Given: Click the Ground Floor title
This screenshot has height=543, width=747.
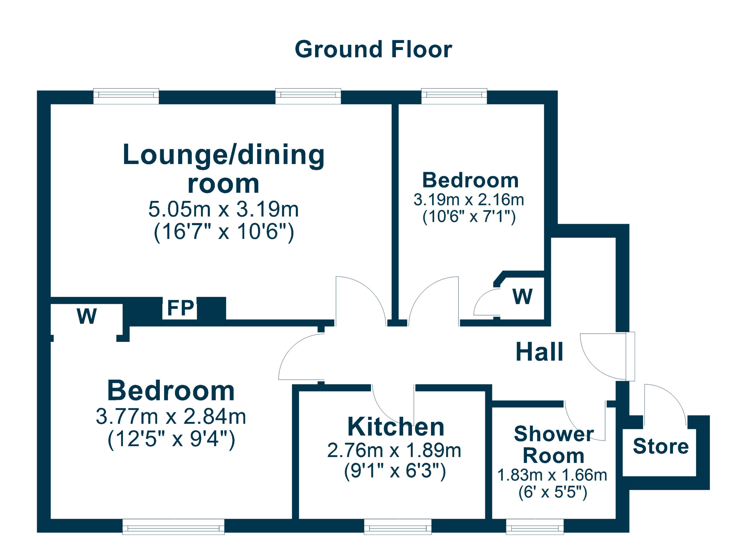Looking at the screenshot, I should (373, 49).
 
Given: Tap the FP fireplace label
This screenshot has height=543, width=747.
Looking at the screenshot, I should (181, 308).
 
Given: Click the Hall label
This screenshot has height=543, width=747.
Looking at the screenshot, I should (539, 352).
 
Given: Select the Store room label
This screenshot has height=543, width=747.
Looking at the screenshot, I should (660, 446).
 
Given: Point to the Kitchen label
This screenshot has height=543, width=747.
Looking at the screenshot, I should (396, 427).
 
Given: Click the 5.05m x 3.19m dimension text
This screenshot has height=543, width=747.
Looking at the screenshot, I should (223, 209).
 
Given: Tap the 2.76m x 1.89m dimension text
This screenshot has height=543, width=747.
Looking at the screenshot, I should (394, 451).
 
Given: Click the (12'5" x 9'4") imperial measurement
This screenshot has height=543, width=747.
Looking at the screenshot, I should (171, 439).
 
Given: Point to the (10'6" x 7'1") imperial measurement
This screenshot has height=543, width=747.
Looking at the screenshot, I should (469, 217).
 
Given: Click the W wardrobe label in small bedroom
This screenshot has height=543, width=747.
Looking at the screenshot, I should (522, 297).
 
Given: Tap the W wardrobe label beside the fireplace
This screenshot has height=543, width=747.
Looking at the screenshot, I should (87, 316).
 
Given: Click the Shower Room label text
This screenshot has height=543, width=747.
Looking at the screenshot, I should (553, 445).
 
